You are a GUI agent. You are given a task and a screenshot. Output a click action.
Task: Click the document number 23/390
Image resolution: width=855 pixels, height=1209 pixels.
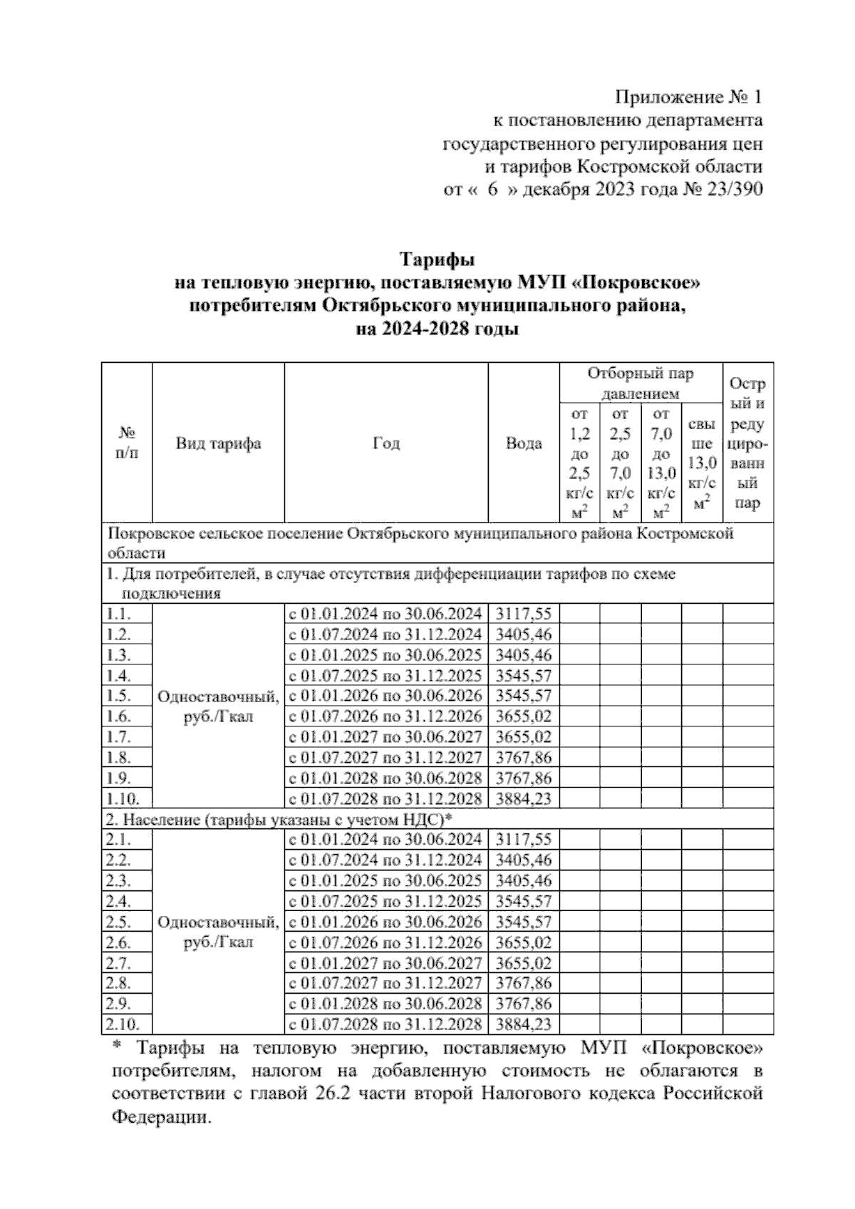pyautogui.click(x=733, y=190)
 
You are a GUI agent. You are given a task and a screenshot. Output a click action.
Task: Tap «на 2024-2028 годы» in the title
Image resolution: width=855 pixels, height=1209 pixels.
pyautogui.click(x=437, y=330)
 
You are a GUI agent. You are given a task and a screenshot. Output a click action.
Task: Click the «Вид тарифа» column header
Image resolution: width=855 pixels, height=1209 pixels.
pyautogui.click(x=218, y=443)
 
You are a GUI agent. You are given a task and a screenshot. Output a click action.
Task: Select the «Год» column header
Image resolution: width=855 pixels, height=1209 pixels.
pyautogui.click(x=386, y=443)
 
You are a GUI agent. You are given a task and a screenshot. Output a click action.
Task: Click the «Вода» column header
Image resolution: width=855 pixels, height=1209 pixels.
pyautogui.click(x=524, y=443)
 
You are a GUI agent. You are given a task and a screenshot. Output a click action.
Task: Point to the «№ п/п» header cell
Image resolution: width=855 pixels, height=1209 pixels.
pyautogui.click(x=127, y=443)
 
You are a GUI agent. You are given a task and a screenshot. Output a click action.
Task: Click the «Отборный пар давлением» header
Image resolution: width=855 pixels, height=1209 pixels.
pyautogui.click(x=640, y=384)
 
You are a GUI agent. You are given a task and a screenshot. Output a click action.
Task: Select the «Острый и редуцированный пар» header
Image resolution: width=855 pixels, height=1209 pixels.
pyautogui.click(x=747, y=443)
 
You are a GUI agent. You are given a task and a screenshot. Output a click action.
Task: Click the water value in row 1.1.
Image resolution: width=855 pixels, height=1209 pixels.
pyautogui.click(x=524, y=614)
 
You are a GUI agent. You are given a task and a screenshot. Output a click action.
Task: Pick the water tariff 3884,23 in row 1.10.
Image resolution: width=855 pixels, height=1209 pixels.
pyautogui.click(x=524, y=798)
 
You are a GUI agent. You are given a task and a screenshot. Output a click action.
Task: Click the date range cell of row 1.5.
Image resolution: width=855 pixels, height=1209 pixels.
pyautogui.click(x=385, y=696)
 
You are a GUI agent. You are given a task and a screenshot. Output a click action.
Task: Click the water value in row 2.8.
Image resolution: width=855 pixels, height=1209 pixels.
pyautogui.click(x=524, y=983)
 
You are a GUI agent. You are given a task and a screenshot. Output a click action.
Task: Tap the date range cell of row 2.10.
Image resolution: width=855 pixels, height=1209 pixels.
pyautogui.click(x=385, y=1024)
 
